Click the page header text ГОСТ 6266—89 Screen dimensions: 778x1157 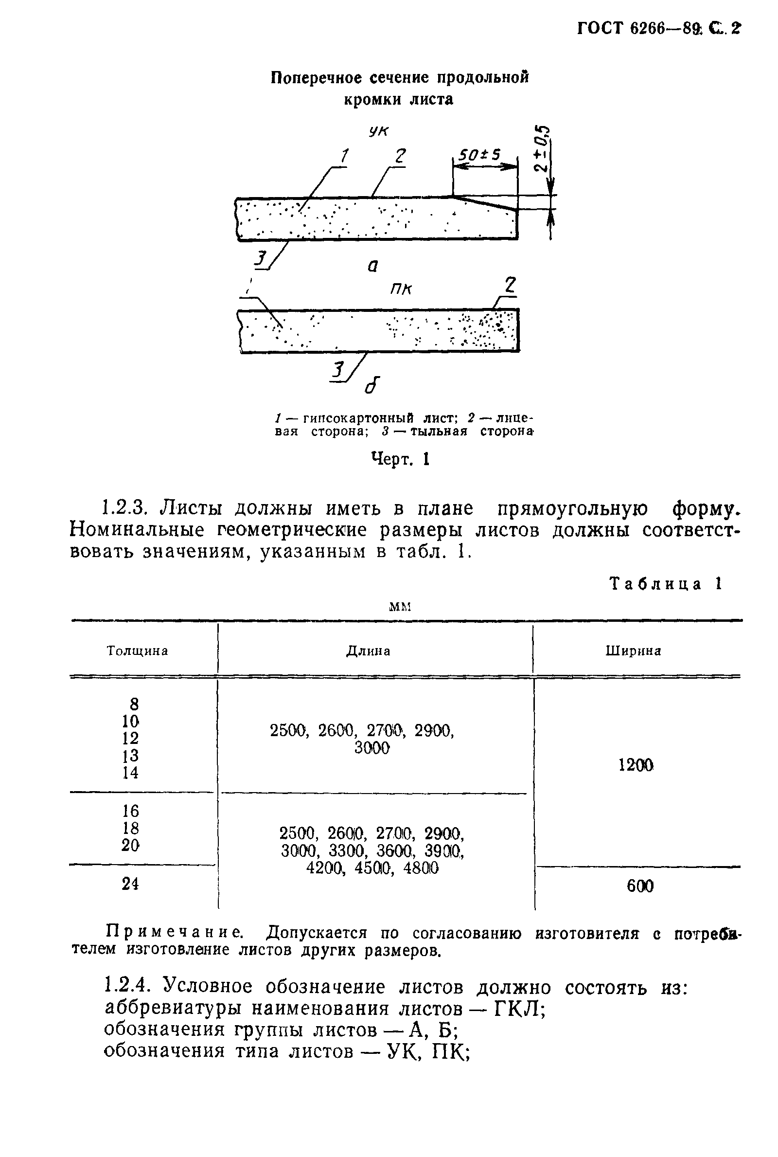(639, 28)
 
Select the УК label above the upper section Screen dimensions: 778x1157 (379, 131)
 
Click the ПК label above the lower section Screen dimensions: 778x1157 (401, 289)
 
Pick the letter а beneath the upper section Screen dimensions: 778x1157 (372, 267)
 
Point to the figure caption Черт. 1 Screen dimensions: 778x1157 (400, 460)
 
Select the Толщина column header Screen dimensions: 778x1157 (138, 651)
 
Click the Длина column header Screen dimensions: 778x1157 (368, 651)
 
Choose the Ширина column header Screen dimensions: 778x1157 (634, 651)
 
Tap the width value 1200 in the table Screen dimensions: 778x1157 (636, 765)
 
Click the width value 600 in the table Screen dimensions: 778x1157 (640, 886)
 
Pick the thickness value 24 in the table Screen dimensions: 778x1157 (130, 883)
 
